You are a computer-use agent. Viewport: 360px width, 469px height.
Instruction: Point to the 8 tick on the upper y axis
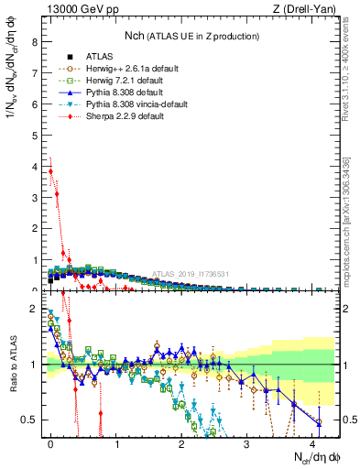35,42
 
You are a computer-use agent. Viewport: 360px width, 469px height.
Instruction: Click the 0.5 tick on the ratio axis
30,420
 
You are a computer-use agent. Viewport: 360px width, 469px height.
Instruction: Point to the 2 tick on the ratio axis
35,309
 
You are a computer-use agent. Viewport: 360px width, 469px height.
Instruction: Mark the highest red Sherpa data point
51,170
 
